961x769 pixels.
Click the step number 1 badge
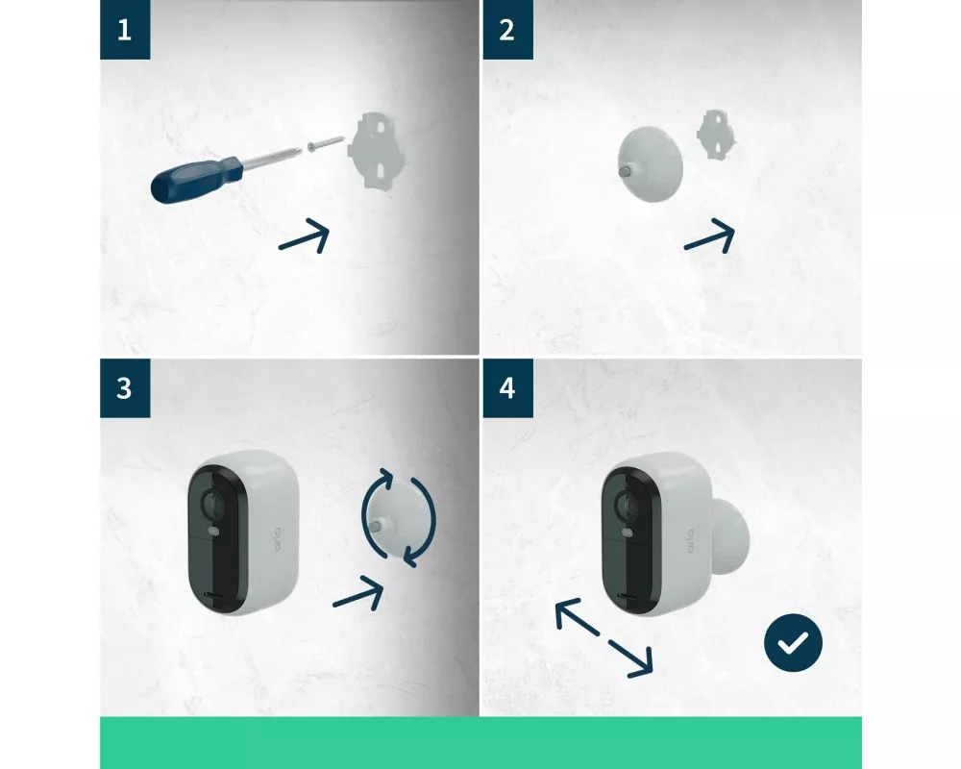coord(125,30)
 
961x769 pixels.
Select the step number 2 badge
coord(508,30)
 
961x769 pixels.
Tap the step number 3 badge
coord(125,388)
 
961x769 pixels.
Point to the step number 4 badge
coord(508,388)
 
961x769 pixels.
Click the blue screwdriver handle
coord(196,178)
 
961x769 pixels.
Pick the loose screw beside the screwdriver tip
coord(326,143)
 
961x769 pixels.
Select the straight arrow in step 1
coord(305,236)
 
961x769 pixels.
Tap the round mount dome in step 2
coord(650,164)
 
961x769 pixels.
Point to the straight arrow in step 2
coord(710,236)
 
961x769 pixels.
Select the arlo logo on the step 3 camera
coord(277,539)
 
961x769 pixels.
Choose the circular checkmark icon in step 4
coord(793,643)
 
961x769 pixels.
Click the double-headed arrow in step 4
coord(604,638)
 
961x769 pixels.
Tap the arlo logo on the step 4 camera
coord(691,541)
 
